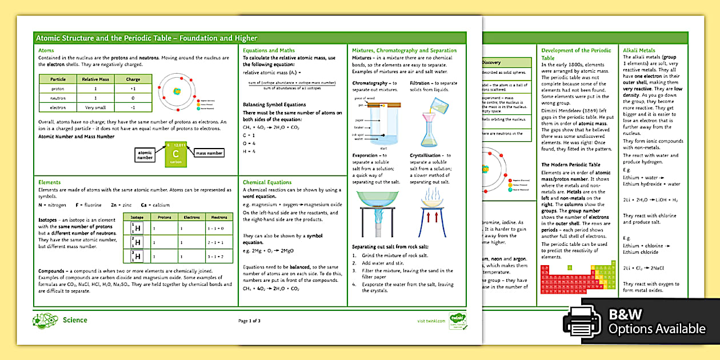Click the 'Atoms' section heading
coord(46,50)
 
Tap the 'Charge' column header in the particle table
coord(132,79)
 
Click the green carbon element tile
coord(175,154)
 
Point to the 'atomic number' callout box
coord(145,154)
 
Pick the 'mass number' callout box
coord(209,153)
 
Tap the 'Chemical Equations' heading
coord(267,182)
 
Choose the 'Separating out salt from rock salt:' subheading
coord(390,246)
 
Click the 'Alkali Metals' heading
coord(639,50)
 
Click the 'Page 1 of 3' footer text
coord(249,321)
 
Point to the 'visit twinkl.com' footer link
coord(430,321)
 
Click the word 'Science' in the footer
coord(75,320)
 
